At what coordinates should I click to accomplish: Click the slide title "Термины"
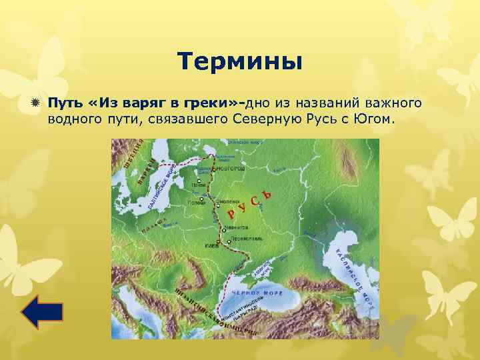tap(240, 63)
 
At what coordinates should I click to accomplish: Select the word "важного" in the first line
tap(393, 103)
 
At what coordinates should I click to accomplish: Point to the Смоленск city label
tap(231, 199)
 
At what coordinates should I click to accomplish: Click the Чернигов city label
tap(232, 227)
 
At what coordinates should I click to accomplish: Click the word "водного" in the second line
tap(73, 119)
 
